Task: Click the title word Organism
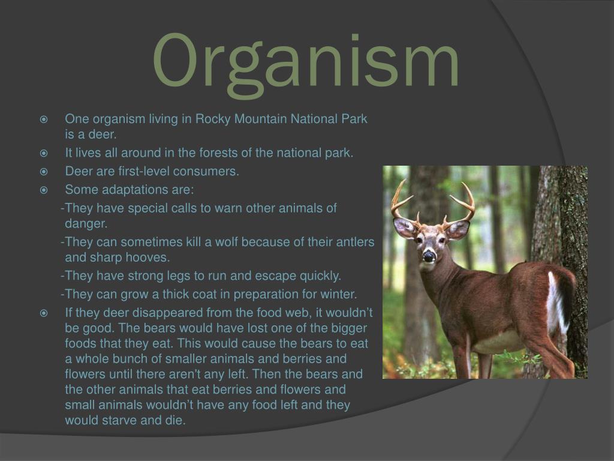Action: pos(305,62)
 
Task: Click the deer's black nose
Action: pos(429,256)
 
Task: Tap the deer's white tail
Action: pos(556,301)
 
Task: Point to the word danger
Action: pos(86,224)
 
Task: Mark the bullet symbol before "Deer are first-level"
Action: pos(44,172)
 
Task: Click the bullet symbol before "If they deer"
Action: pos(44,313)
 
